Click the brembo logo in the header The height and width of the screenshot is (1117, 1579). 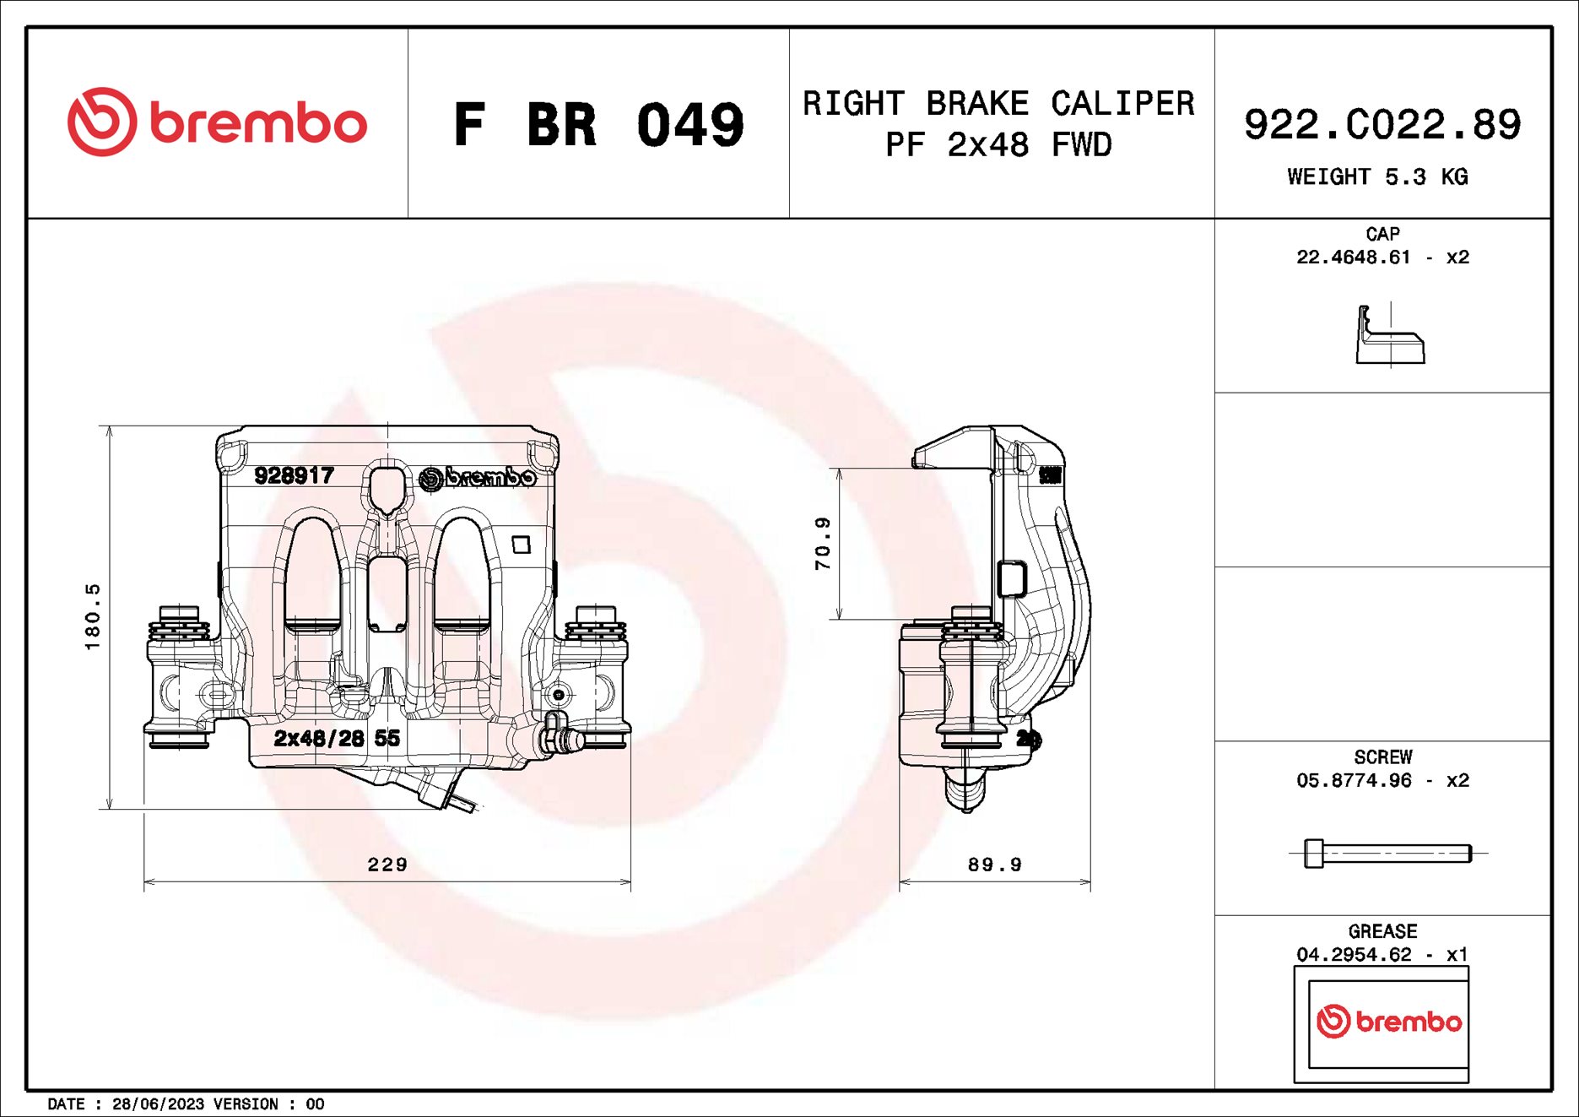pos(217,122)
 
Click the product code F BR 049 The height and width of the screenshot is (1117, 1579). pos(598,125)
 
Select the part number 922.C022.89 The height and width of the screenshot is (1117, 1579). pos(1382,125)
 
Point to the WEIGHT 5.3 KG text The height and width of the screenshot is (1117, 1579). pos(1377,176)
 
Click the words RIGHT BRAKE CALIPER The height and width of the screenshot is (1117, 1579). pos(998,104)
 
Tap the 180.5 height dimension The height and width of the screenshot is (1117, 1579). pos(93,616)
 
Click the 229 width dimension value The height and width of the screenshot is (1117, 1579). pos(387,865)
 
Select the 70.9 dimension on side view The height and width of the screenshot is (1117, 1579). pos(823,543)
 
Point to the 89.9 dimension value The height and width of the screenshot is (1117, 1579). pos(994,865)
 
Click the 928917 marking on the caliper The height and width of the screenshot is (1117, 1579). pos(294,475)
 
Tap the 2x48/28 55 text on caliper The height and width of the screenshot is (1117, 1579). pos(337,738)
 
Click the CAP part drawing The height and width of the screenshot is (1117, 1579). pos(1389,337)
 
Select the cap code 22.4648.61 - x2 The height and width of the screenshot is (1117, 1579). pos(1382,258)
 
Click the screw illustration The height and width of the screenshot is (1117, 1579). pos(1387,853)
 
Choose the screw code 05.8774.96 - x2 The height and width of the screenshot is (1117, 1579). pos(1382,781)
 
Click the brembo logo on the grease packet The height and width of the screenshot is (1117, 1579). pos(1389,1022)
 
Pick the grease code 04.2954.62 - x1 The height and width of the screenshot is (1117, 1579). pos(1382,955)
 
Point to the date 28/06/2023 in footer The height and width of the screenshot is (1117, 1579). pos(158,1104)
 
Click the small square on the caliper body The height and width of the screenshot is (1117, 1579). pos(522,545)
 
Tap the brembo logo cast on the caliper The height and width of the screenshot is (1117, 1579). pos(478,478)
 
